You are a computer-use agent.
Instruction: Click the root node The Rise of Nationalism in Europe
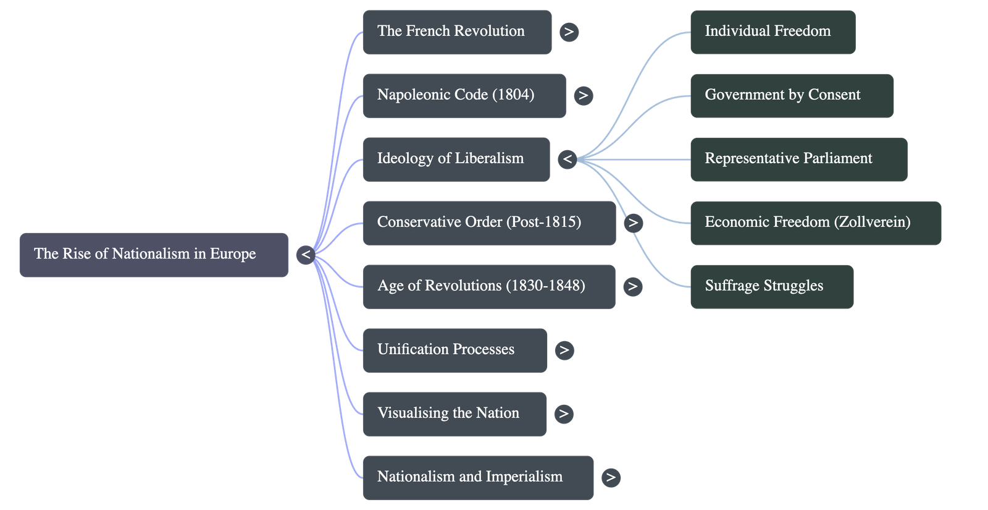tap(153, 255)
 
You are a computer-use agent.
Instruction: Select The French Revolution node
tap(457, 32)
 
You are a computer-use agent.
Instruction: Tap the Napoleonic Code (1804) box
tap(464, 95)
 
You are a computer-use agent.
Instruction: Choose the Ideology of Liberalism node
tap(456, 159)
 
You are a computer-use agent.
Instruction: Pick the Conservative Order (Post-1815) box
tap(488, 223)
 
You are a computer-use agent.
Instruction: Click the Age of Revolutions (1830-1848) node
tap(488, 286)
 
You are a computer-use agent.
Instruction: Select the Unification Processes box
tap(454, 350)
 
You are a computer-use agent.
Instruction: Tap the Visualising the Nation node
tap(454, 414)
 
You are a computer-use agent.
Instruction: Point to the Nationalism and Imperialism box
tap(478, 477)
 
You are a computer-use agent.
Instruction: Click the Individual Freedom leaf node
tap(772, 32)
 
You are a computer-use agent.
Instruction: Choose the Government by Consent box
tap(792, 95)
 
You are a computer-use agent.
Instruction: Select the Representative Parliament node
tap(798, 159)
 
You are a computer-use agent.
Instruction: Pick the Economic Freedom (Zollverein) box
tap(815, 223)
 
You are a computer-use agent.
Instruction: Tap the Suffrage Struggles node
tap(772, 286)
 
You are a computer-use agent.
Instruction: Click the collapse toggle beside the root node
tap(306, 255)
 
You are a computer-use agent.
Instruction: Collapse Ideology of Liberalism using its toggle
tap(567, 159)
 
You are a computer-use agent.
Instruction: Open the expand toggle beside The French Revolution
tap(569, 32)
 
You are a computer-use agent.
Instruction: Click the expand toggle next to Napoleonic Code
tap(583, 95)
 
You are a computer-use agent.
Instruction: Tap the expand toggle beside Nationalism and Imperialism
tap(611, 477)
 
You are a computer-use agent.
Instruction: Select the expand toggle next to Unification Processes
tap(564, 350)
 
